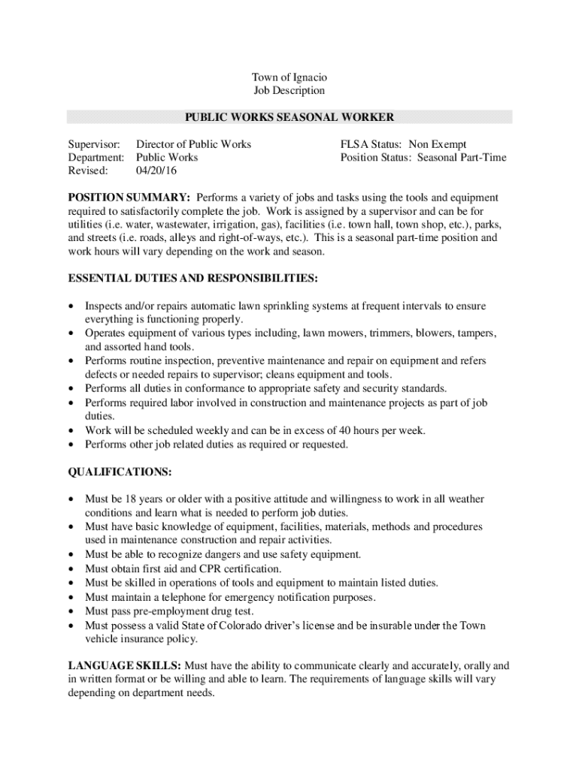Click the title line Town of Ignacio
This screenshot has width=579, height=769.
pos(289,77)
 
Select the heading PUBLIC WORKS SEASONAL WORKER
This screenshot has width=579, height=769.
pos(289,117)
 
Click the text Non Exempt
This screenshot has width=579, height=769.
pos(438,144)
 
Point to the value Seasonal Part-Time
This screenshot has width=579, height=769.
pos(462,158)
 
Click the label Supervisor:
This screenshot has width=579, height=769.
pos(94,144)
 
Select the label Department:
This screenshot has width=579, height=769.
pos(96,158)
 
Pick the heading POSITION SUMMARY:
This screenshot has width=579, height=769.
pos(129,198)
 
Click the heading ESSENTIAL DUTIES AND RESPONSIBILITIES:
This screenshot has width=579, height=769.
pos(193,279)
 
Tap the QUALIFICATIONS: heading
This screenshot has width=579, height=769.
pos(120,472)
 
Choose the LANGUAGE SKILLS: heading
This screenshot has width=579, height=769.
pos(124,665)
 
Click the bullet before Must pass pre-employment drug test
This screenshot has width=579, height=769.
pos(71,611)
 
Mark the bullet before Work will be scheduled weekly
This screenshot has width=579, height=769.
pos(71,431)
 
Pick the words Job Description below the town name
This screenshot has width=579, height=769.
pos(289,91)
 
